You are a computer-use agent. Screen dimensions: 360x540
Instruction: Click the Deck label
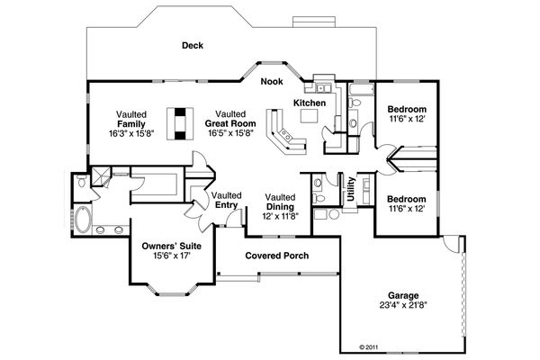tap(191, 45)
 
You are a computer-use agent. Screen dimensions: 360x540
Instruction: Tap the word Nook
tap(271, 82)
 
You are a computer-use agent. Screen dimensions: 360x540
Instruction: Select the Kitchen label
tap(313, 89)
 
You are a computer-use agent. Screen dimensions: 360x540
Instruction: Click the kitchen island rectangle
tap(313, 115)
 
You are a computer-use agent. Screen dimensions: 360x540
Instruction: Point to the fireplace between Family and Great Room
tap(183, 122)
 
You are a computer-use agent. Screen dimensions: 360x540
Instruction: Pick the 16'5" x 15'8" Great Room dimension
tap(230, 132)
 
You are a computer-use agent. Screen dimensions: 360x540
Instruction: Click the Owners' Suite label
tap(171, 245)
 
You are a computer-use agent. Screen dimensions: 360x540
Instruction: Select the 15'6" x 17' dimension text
tap(171, 256)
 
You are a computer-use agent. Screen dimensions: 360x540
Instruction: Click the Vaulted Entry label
tap(227, 200)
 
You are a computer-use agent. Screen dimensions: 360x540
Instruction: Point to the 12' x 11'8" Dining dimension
tap(280, 216)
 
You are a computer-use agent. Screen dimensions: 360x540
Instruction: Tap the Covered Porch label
tap(277, 256)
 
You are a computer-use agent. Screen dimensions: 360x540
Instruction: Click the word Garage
tap(404, 294)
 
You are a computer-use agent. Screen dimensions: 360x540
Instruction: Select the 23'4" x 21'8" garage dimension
tap(404, 305)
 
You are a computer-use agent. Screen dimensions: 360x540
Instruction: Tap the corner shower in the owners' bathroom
tap(102, 175)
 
